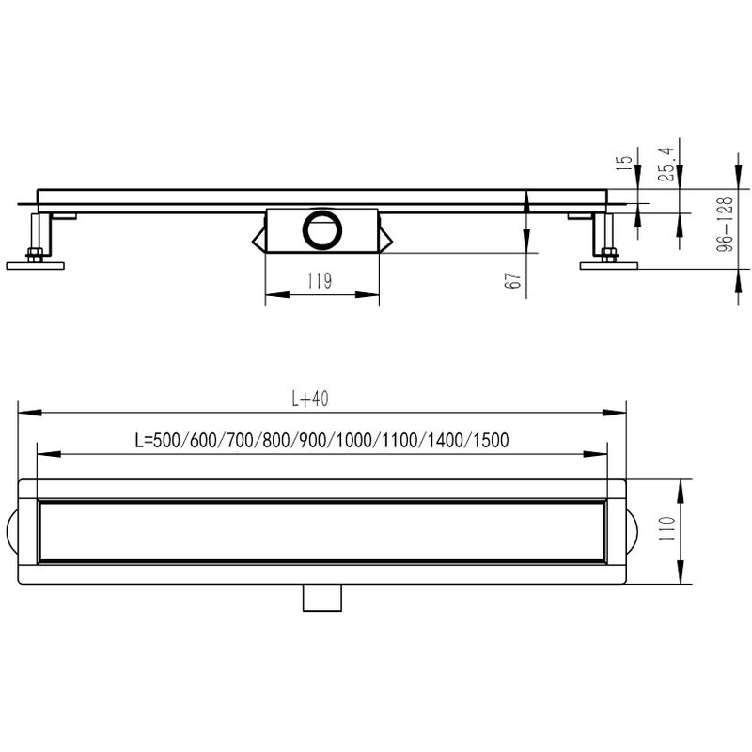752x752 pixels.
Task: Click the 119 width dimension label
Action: point(320,280)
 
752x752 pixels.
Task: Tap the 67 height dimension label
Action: point(512,280)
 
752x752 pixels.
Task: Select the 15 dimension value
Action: point(624,163)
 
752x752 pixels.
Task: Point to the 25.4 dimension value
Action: point(666,164)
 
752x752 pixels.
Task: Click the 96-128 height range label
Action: point(725,225)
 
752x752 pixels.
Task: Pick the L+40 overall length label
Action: point(310,399)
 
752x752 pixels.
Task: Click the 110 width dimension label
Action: point(666,528)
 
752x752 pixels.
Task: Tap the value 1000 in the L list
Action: point(354,440)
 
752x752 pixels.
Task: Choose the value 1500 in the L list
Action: point(491,440)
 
